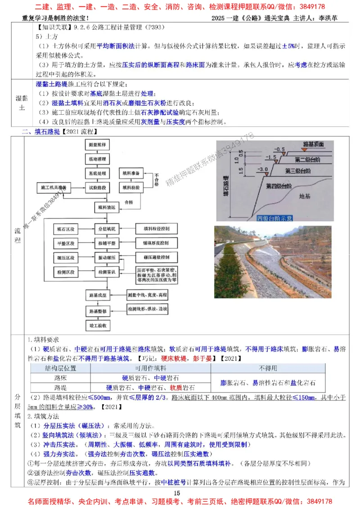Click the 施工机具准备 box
[x=54, y=187]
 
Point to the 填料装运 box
[x=104, y=208]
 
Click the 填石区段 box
[x=66, y=229]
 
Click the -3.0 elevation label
[x=263, y=170]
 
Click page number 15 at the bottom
[x=176, y=493]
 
